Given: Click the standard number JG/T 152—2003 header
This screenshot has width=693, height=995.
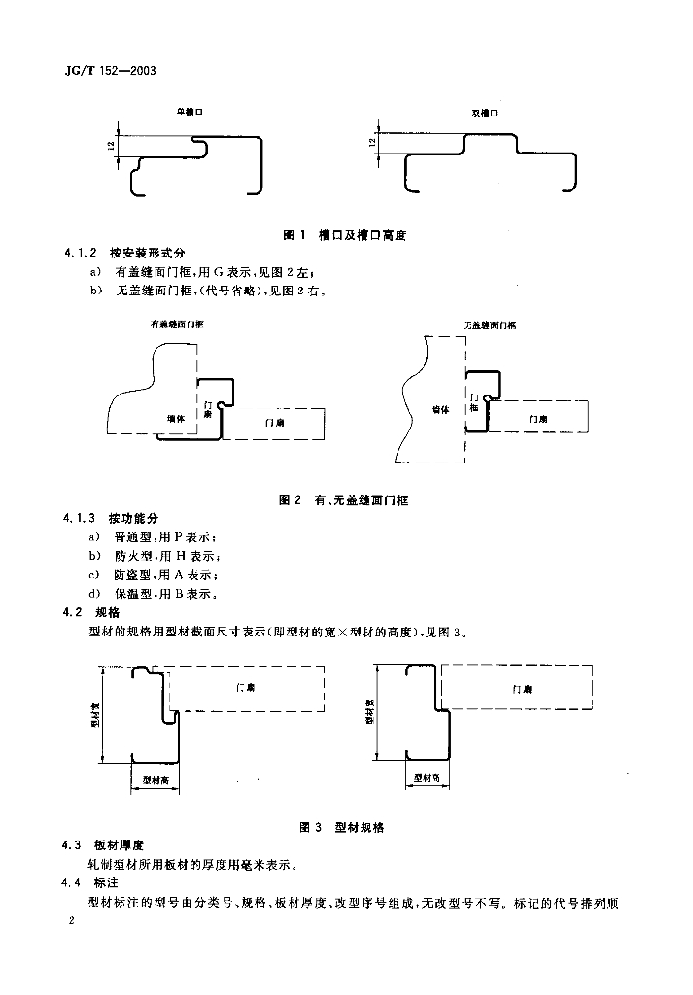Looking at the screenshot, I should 109,71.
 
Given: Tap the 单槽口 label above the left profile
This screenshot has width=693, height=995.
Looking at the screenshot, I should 189,113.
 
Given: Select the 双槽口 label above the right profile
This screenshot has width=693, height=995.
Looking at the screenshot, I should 484,113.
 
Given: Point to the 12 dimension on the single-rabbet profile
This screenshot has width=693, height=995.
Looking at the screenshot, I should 112,145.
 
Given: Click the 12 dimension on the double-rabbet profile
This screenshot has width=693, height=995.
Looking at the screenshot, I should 371,142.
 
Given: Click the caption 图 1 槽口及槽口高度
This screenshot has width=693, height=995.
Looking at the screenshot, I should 342,235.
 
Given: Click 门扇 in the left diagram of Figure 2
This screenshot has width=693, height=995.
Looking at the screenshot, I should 274,423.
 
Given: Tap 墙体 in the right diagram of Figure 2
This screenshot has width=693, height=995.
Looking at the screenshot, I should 441,410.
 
